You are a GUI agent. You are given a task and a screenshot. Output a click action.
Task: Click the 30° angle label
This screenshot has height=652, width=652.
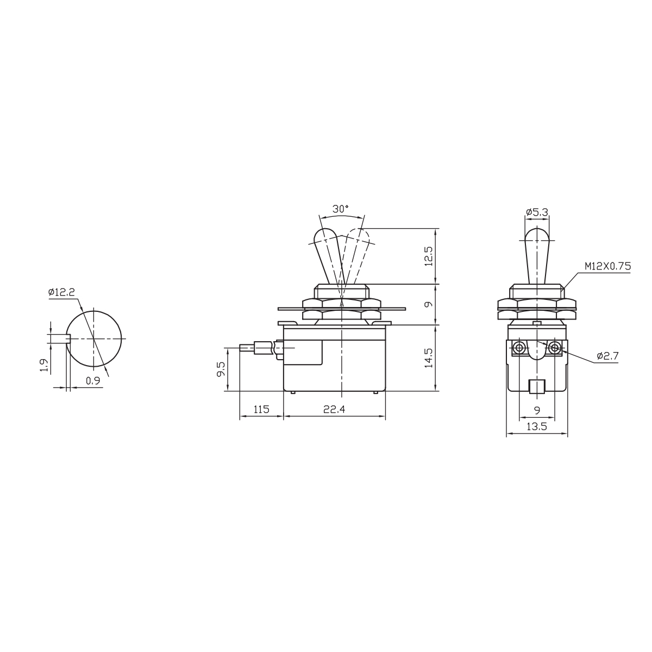[x=340, y=209]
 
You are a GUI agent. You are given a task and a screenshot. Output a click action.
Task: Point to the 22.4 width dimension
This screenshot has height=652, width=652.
[x=334, y=410]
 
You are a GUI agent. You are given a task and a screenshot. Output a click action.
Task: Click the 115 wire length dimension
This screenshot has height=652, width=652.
[x=261, y=410]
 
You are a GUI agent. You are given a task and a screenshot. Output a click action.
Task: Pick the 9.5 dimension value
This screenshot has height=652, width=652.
[x=221, y=369]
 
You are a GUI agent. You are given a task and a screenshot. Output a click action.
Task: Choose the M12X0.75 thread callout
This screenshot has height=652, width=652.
[x=608, y=266]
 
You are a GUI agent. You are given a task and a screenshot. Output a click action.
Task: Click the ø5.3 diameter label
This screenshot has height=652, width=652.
[x=537, y=212]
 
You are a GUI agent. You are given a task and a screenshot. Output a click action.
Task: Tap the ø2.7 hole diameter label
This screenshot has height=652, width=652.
[x=607, y=355]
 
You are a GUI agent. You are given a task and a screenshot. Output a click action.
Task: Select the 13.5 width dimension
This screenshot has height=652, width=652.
[x=537, y=427]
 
